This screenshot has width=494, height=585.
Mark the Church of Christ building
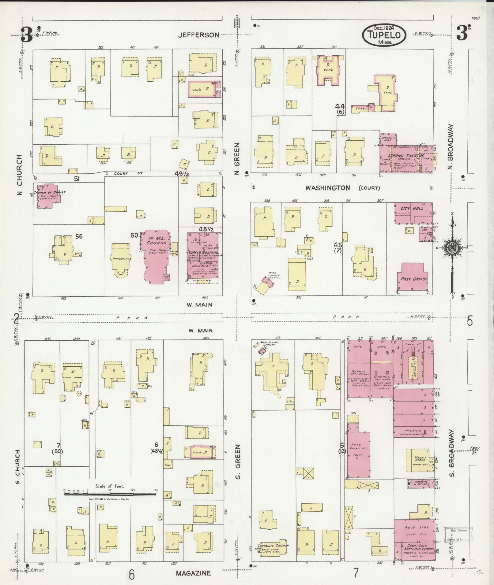48,196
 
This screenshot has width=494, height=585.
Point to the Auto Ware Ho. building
359,451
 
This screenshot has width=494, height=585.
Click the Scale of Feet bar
110,493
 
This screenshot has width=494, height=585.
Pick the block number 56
79,236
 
